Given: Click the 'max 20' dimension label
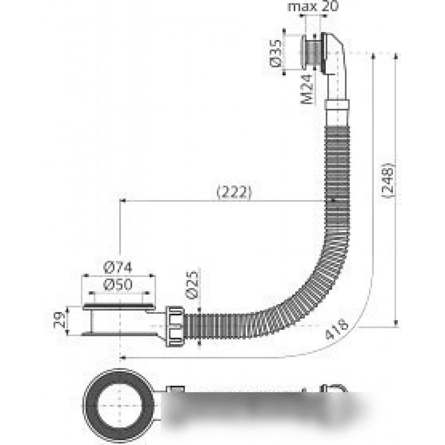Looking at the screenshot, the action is pyautogui.click(x=313, y=6).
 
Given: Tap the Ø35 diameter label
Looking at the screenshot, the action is pyautogui.click(x=275, y=53).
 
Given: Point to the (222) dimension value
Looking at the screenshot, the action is pyautogui.click(x=235, y=193).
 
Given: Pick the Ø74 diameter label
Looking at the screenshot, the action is pyautogui.click(x=118, y=267).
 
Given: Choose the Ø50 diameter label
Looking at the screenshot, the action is pyautogui.click(x=118, y=285).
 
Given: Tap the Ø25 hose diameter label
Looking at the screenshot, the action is pyautogui.click(x=192, y=285).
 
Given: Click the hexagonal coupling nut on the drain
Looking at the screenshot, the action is pyautogui.click(x=174, y=326).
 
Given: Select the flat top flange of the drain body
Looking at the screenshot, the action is pyautogui.click(x=119, y=307).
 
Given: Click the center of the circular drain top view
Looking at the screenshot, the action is pyautogui.click(x=119, y=406).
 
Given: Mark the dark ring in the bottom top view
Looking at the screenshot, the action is pyautogui.click(x=91, y=406).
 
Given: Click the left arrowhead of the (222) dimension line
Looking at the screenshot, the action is pyautogui.click(x=123, y=201).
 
